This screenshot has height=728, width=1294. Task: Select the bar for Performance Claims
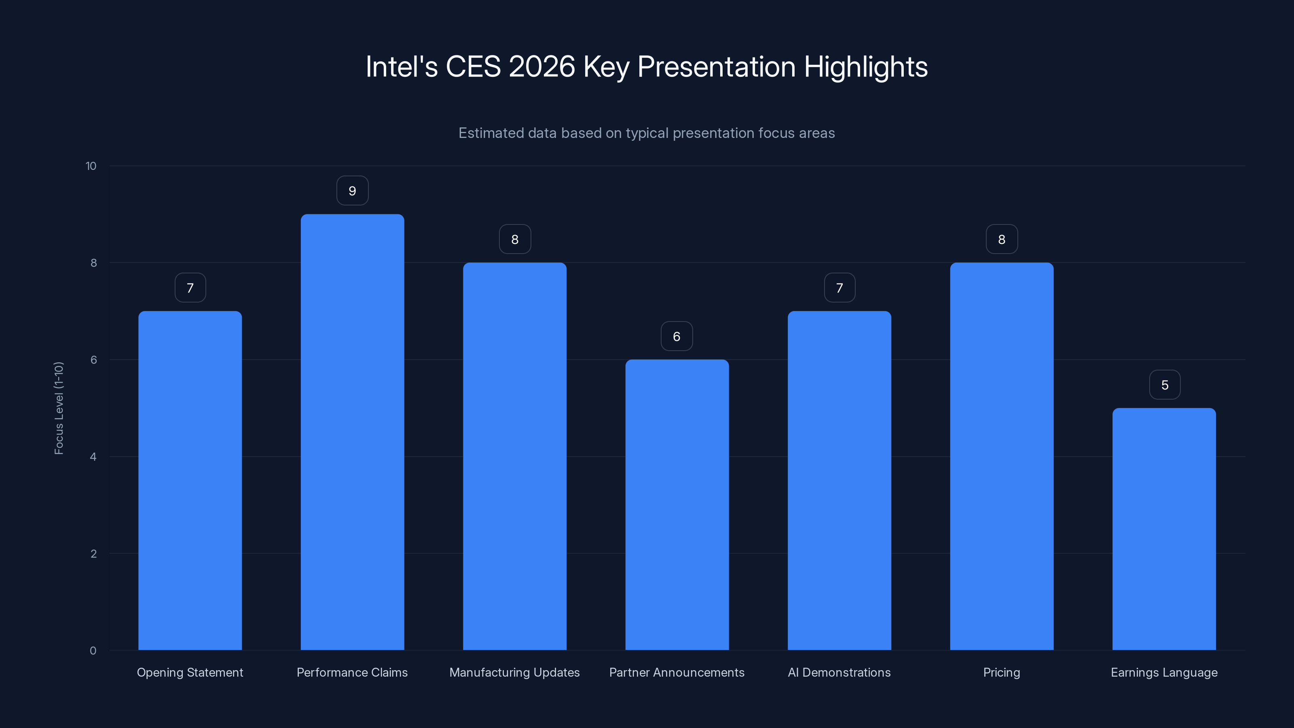(352, 432)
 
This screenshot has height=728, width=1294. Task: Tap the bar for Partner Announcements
(677, 504)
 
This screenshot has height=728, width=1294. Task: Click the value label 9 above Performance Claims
(352, 191)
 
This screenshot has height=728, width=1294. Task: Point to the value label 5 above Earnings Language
(1165, 385)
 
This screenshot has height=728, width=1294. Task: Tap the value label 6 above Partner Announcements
(677, 336)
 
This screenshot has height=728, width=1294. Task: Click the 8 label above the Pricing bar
(1001, 240)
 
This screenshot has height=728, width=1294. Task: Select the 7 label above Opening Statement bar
(190, 288)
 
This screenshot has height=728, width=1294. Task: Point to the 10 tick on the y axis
(91, 166)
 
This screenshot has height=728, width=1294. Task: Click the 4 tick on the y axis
(93, 457)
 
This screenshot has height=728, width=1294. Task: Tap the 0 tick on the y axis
(93, 651)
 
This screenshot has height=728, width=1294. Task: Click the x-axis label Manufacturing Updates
(514, 672)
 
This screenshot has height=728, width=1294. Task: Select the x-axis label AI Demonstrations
(839, 672)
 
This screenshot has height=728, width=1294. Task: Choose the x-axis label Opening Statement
(190, 672)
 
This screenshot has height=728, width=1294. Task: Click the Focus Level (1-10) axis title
(59, 408)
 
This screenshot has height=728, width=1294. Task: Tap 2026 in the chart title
(541, 67)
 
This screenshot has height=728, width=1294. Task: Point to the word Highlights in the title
(865, 67)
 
